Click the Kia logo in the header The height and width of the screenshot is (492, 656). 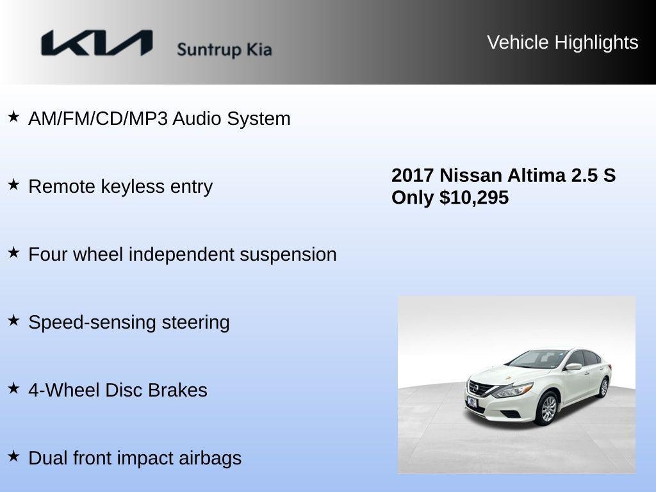(x=97, y=44)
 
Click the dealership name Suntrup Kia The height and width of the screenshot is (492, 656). (x=224, y=49)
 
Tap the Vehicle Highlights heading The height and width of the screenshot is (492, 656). (x=562, y=42)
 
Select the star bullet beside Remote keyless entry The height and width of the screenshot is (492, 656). (x=13, y=185)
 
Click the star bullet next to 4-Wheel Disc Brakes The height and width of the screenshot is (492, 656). (x=13, y=389)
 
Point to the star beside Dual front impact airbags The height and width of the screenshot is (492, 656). (x=13, y=457)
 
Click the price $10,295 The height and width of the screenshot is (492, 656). (x=474, y=197)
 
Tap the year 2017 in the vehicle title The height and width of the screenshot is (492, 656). (x=413, y=176)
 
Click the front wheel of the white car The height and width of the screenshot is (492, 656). (x=548, y=409)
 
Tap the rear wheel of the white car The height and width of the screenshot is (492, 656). (x=603, y=386)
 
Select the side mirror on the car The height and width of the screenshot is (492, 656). (x=573, y=366)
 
